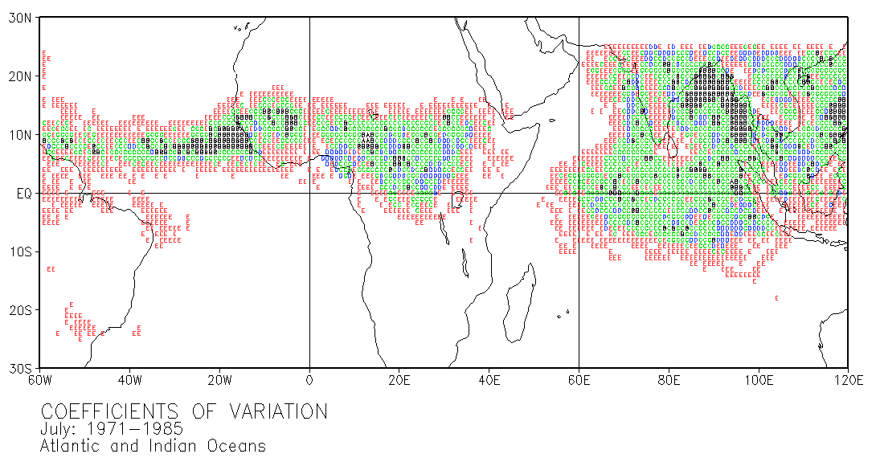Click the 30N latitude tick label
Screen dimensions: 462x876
[x=20, y=18]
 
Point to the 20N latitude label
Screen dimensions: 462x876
[x=20, y=76]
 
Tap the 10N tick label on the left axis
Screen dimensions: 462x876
[x=20, y=135]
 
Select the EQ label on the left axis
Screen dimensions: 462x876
[x=24, y=194]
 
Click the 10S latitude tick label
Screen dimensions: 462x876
[x=20, y=251]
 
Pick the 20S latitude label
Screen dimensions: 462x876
[x=20, y=310]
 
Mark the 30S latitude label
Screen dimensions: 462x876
[x=20, y=369]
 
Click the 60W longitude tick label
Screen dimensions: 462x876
[x=40, y=380]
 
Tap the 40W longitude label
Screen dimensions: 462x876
[x=129, y=380]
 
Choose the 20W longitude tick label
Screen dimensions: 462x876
[x=219, y=380]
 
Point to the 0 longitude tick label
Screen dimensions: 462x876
[x=309, y=380]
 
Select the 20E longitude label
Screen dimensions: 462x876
[x=399, y=380]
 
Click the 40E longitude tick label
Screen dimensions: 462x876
[x=489, y=380]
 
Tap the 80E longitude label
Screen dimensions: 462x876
[x=669, y=380]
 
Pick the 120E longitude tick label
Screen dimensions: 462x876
[x=847, y=380]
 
